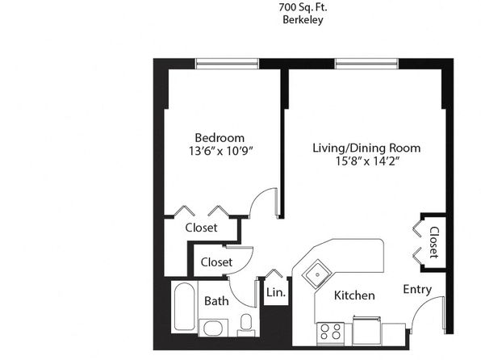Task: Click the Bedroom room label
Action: tap(220, 138)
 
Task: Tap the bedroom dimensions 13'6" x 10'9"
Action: tap(220, 151)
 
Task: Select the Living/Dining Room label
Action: tap(366, 149)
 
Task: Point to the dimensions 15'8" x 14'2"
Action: tap(367, 161)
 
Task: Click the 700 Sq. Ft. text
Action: tap(303, 7)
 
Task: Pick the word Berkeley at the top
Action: tap(303, 20)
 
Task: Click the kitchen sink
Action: tap(317, 274)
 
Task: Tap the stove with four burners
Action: tap(330, 332)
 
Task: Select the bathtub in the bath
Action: tap(184, 307)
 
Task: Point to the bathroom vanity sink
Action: tap(214, 328)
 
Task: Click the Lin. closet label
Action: tap(276, 292)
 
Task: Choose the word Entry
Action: tap(417, 289)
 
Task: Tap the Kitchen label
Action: tap(354, 295)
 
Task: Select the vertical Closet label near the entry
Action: tap(433, 242)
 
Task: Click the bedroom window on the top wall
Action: tap(227, 64)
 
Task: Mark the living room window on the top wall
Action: tap(366, 64)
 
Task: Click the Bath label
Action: tap(216, 301)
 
